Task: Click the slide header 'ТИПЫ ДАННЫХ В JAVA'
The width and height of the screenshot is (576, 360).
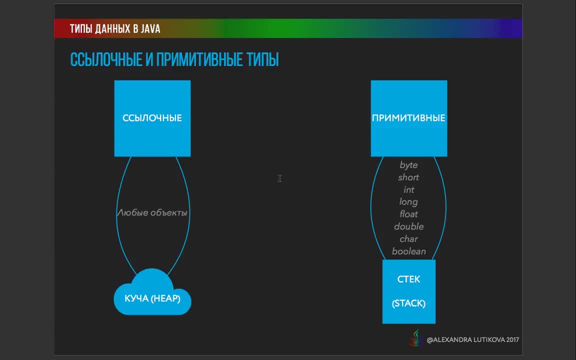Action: pos(115,28)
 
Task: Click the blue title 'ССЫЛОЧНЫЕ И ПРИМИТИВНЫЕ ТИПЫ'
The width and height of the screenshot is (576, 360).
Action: pos(174,59)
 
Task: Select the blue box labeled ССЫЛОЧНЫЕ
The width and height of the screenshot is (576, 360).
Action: pos(152,118)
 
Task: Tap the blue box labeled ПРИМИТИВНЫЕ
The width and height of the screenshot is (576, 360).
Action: pos(409,118)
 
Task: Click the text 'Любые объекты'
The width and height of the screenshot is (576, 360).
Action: pos(152,212)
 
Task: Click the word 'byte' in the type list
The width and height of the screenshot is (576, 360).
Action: pos(409,165)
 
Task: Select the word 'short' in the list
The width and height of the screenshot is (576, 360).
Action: pos(408,177)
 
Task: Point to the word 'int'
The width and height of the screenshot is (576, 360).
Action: pos(409,189)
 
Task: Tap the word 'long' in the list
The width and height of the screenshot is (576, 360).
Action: pos(408,202)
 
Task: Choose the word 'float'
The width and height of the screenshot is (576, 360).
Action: pos(409,214)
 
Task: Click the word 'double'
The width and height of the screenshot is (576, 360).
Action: pos(409,226)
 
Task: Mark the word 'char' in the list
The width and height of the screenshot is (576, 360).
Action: pos(409,239)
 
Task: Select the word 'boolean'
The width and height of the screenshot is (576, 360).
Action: pos(409,251)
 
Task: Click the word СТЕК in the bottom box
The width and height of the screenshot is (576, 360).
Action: pos(408,279)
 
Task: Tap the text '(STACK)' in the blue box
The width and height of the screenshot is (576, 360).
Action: pos(409,303)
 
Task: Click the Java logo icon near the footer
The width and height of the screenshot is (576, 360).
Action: pos(416,337)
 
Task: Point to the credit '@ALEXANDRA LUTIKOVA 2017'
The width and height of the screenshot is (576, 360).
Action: pos(473,340)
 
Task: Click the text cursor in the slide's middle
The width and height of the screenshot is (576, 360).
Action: pos(279,178)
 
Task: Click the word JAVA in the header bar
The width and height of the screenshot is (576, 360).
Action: pos(150,28)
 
